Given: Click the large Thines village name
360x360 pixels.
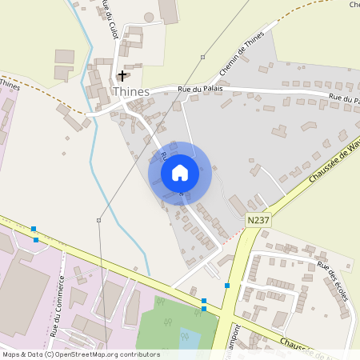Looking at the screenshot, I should (x=132, y=92).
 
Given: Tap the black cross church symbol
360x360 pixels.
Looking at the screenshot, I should (x=122, y=75).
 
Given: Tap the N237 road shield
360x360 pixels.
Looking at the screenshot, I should (x=258, y=220).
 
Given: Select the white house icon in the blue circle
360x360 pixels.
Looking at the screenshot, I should (x=180, y=173).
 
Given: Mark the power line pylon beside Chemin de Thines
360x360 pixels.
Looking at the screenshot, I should (x=203, y=57).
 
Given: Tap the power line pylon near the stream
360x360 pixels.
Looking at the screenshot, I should (x=98, y=220).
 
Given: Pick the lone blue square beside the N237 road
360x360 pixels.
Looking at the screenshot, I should (x=227, y=286).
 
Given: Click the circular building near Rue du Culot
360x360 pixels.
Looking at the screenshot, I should (x=149, y=17).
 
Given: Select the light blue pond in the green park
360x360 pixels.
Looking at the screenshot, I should (x=192, y=340).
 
